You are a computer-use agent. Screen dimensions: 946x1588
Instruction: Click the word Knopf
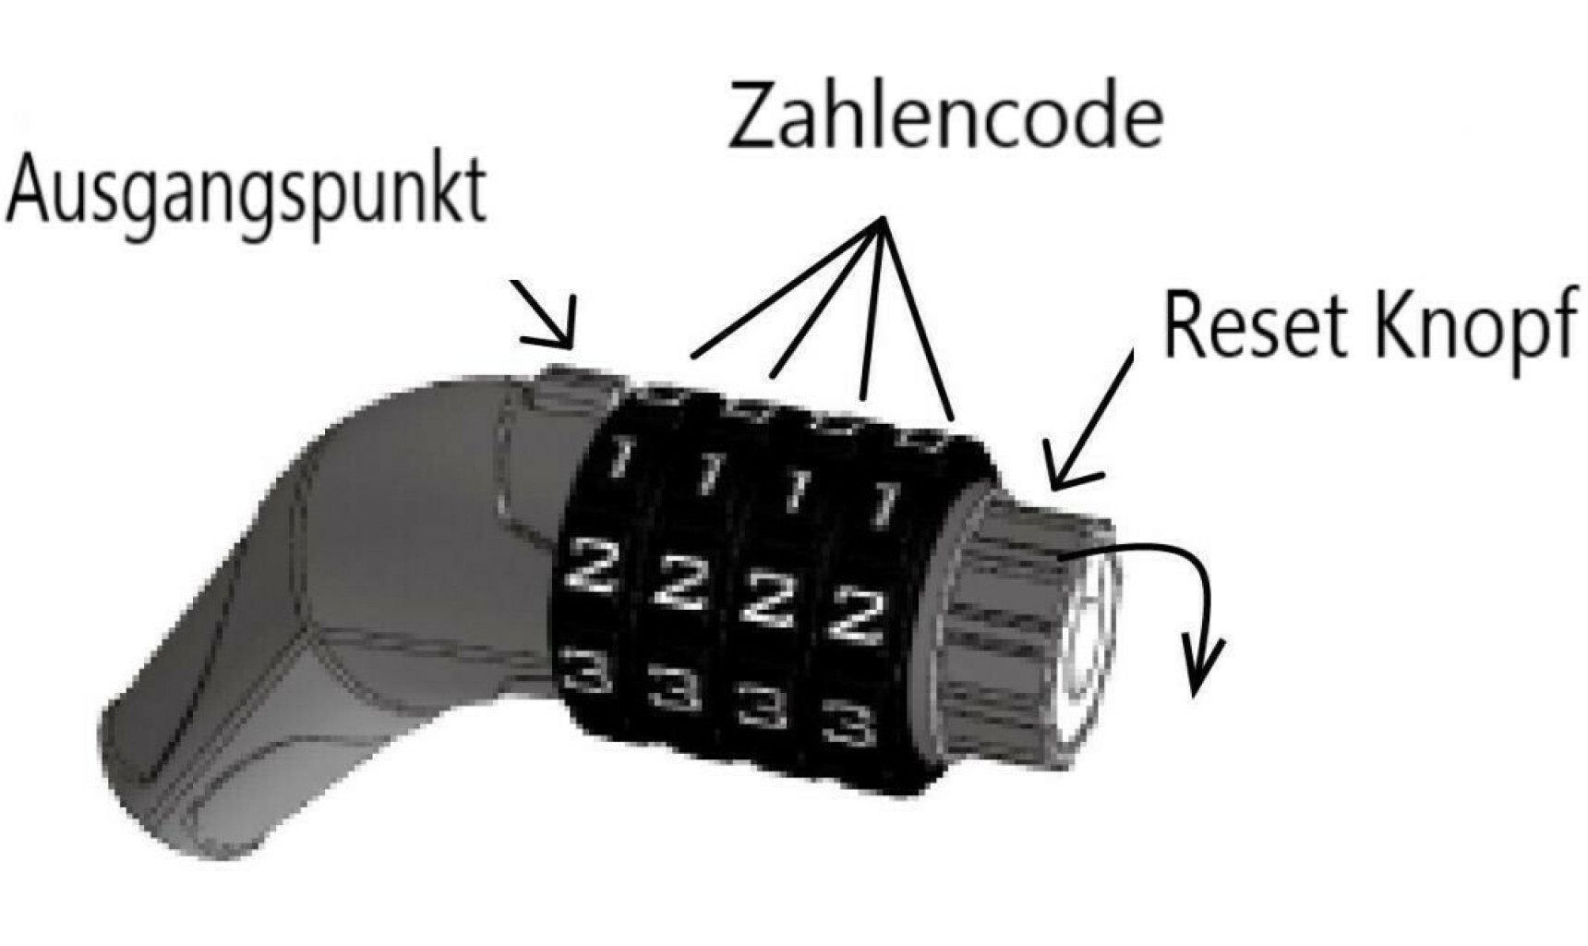pyautogui.click(x=1474, y=328)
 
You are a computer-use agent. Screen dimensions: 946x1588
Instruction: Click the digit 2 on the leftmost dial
pyautogui.click(x=591, y=565)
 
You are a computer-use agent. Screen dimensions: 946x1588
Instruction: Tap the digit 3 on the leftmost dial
pyautogui.click(x=587, y=669)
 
